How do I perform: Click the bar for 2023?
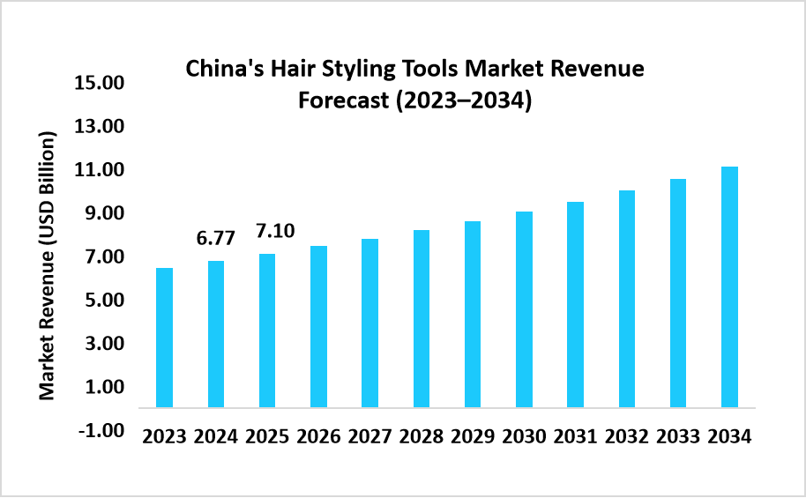click(164, 338)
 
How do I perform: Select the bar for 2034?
click(729, 286)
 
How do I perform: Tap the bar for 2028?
click(422, 318)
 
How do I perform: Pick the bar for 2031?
click(575, 304)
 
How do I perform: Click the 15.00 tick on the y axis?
click(98, 85)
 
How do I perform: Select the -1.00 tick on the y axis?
click(98, 430)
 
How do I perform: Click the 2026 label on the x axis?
click(318, 437)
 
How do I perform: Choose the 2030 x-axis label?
click(524, 437)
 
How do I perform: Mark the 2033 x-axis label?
click(678, 437)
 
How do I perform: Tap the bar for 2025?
click(266, 331)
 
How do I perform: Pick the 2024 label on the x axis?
click(215, 437)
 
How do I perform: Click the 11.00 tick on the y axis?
click(98, 171)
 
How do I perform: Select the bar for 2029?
click(473, 314)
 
